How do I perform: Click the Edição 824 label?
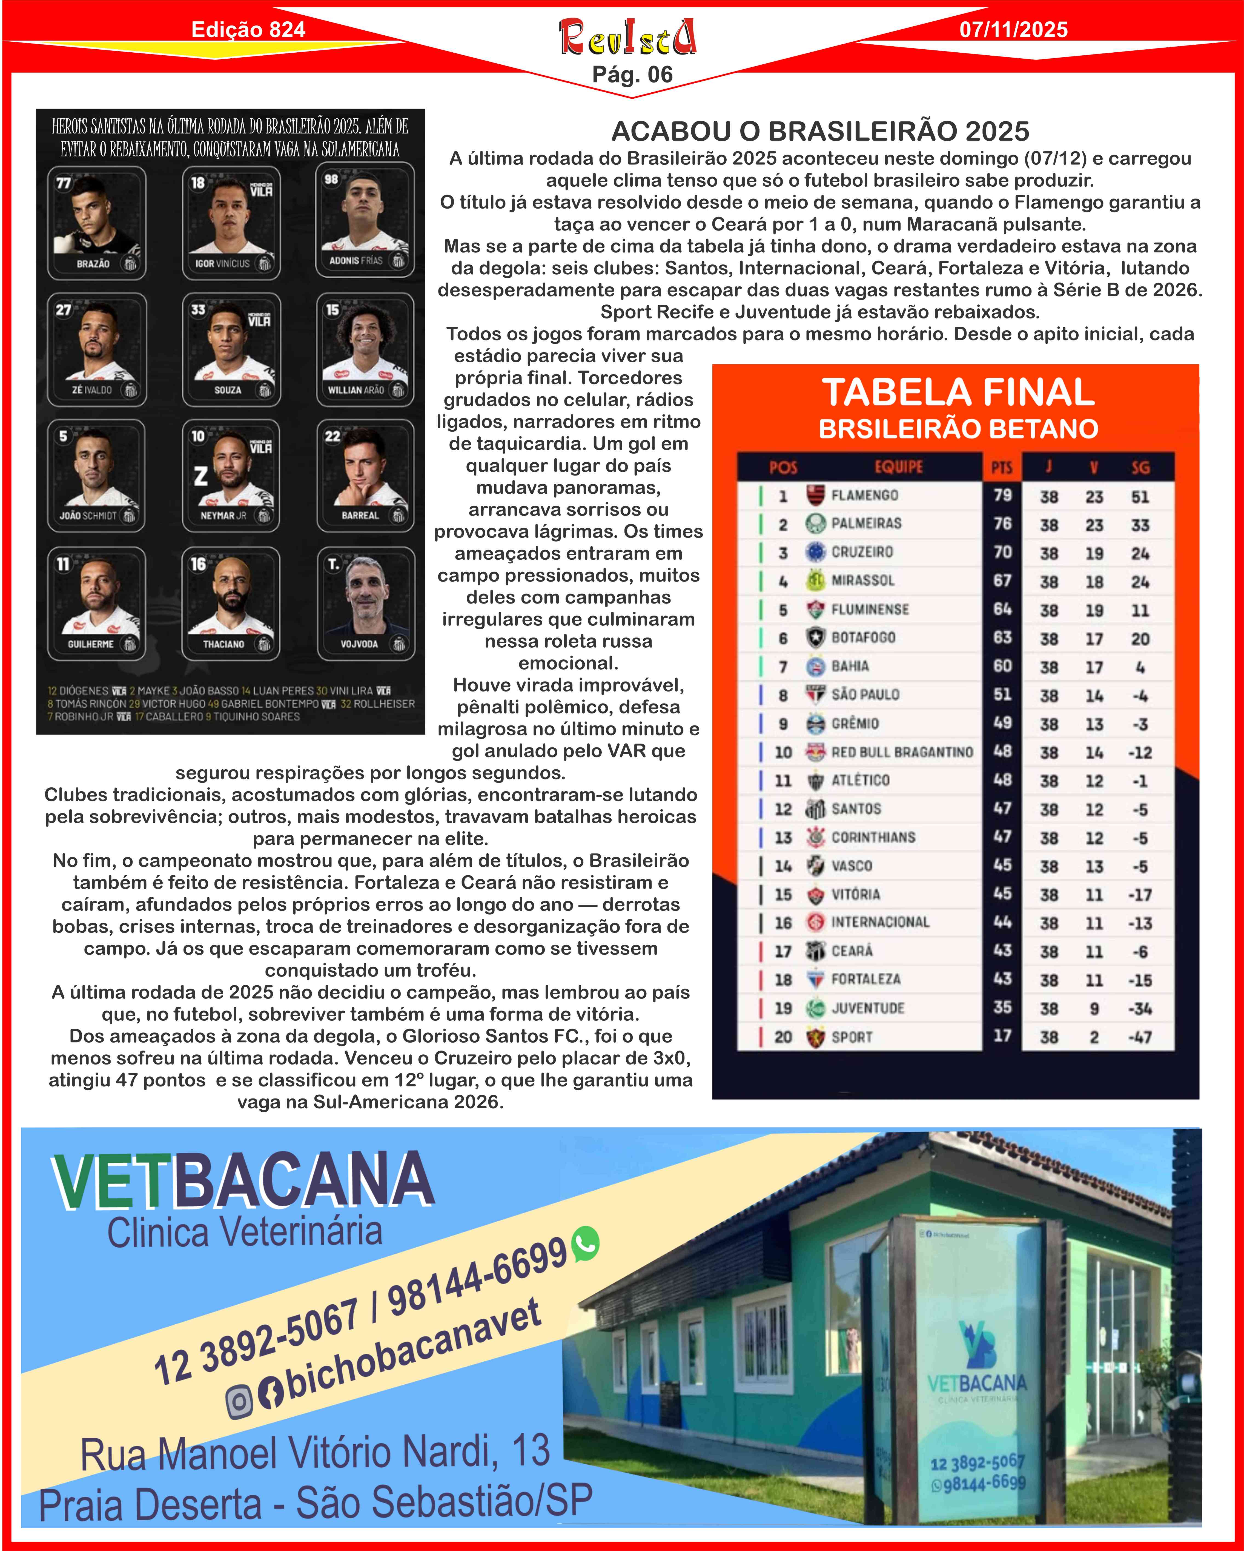[x=248, y=30]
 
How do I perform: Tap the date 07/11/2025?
[x=1013, y=30]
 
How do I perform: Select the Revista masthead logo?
[x=628, y=37]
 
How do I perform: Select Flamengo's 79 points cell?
[x=1002, y=495]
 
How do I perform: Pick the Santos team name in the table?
[x=856, y=809]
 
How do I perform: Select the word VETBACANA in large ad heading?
[x=242, y=1180]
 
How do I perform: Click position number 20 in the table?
[x=782, y=1037]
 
